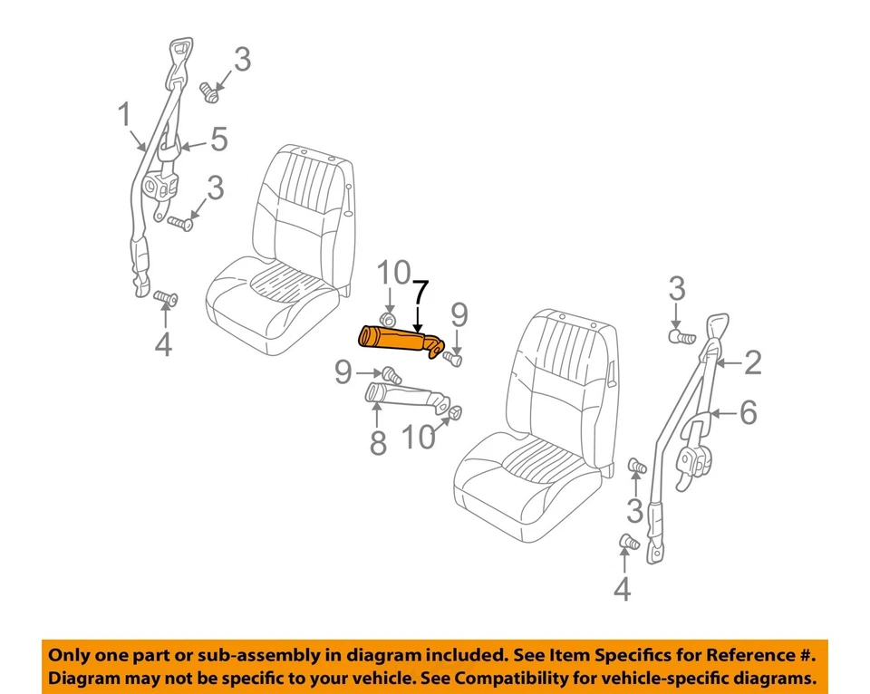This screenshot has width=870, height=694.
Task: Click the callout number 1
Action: click(x=123, y=115)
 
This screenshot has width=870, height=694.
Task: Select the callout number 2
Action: click(x=752, y=363)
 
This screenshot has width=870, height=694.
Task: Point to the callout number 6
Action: click(x=748, y=413)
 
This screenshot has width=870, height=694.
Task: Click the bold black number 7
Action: click(x=420, y=294)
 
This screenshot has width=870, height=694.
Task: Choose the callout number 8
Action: click(x=377, y=442)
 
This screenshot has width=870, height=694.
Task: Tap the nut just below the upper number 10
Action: click(x=387, y=322)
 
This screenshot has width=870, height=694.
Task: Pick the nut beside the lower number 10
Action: click(x=454, y=414)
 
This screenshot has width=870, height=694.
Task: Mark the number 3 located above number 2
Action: click(x=676, y=292)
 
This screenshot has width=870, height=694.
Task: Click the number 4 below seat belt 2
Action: click(x=621, y=590)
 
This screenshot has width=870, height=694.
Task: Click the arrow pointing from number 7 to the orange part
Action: click(x=417, y=318)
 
